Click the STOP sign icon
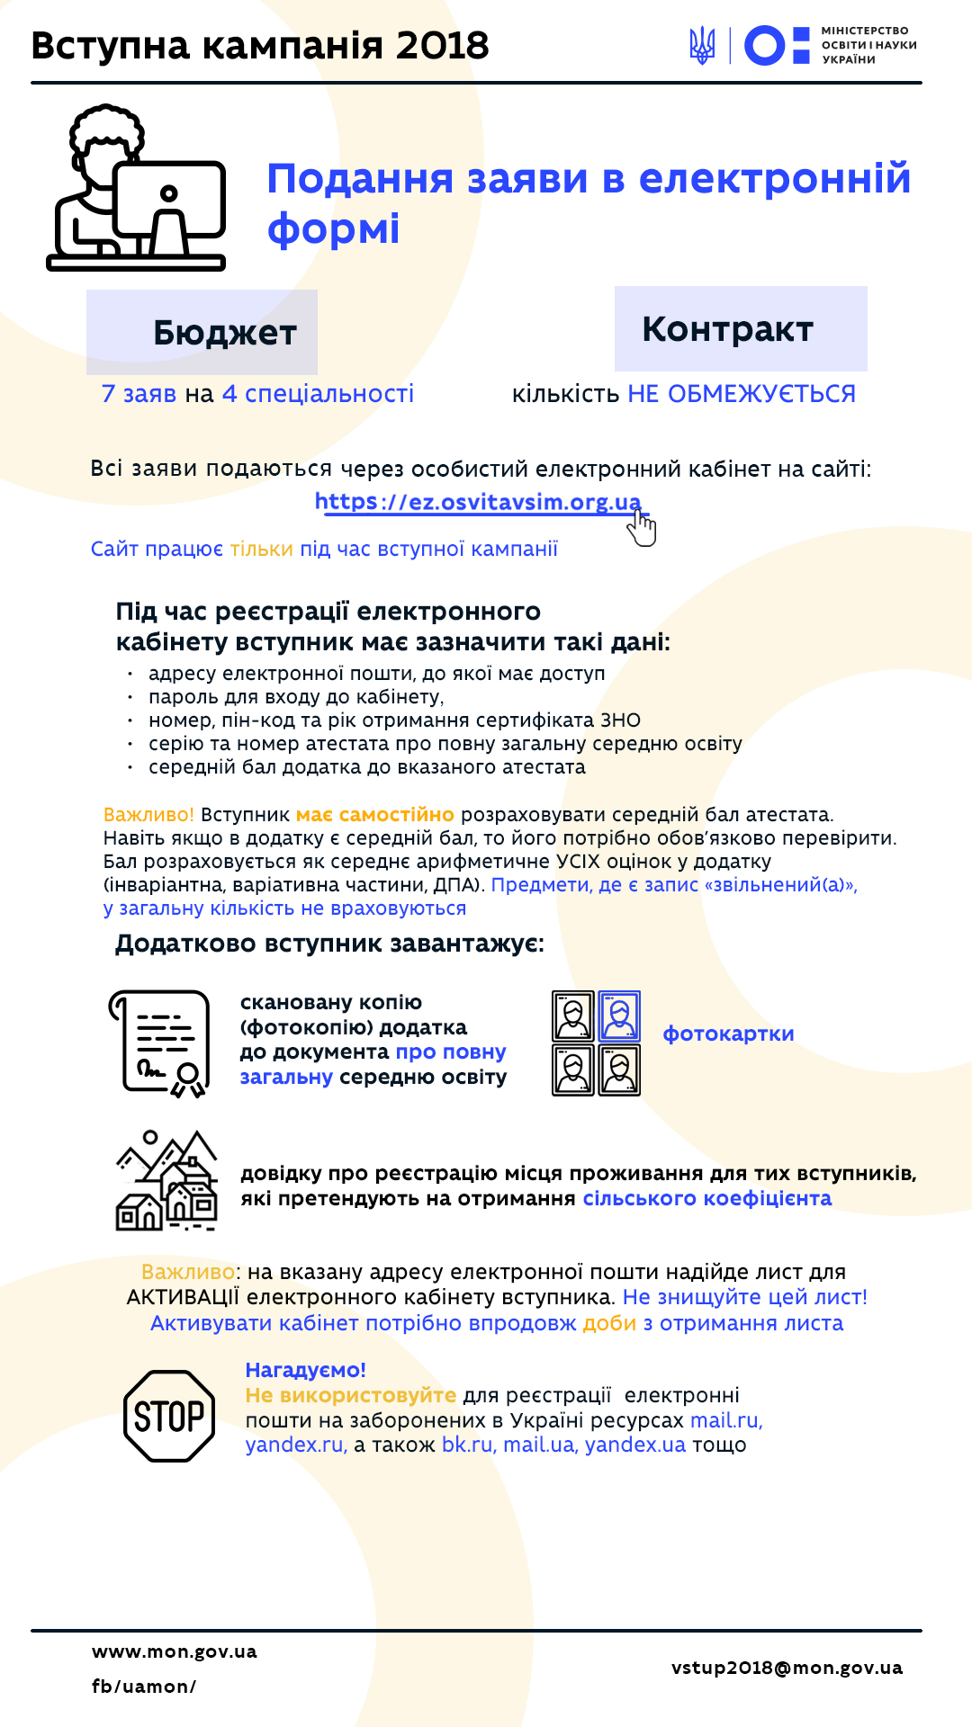tap(169, 1416)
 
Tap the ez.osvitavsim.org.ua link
tap(478, 502)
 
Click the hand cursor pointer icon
tap(643, 528)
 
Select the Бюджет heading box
tap(202, 332)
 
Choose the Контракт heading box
tap(741, 329)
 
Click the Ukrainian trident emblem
tap(702, 45)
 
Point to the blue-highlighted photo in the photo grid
tap(619, 1016)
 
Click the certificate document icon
tap(160, 1043)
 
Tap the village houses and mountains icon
tap(167, 1181)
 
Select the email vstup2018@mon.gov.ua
tap(787, 1668)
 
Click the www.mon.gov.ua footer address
tap(175, 1651)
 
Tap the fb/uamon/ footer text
tap(144, 1687)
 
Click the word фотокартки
tap(728, 1034)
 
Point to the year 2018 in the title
tap(442, 45)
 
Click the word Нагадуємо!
tap(305, 1370)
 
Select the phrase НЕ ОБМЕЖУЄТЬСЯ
tap(742, 394)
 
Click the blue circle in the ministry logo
tap(765, 45)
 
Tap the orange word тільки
tap(261, 549)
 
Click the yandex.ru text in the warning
tap(295, 1445)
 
